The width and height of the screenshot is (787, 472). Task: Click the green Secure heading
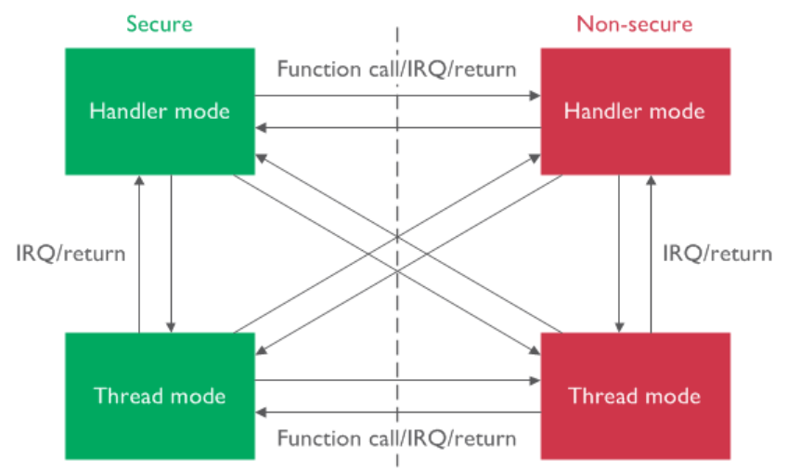pos(160,23)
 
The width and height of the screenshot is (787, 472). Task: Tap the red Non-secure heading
pos(634,23)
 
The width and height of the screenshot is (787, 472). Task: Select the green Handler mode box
pos(160,111)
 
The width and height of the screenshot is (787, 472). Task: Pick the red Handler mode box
pos(635,111)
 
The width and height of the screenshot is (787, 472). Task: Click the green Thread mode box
pos(160,396)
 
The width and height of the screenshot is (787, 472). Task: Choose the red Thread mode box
pos(635,396)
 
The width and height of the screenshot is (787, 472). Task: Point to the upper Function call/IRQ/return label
pos(396,69)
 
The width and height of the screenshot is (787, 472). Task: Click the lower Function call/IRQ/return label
pos(396,439)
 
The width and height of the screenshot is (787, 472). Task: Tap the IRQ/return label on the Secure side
pos(71,253)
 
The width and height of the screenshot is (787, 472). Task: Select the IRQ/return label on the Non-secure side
pos(716,253)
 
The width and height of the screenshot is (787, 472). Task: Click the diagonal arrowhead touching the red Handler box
pos(535,157)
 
